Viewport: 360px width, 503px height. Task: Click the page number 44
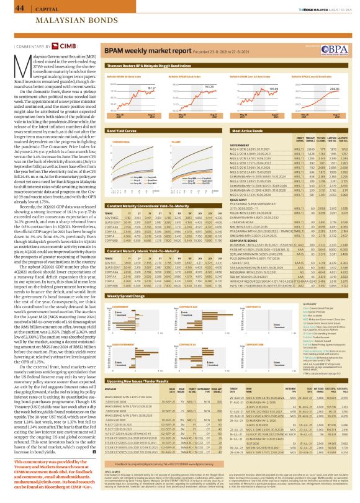pyautogui.click(x=11, y=8)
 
